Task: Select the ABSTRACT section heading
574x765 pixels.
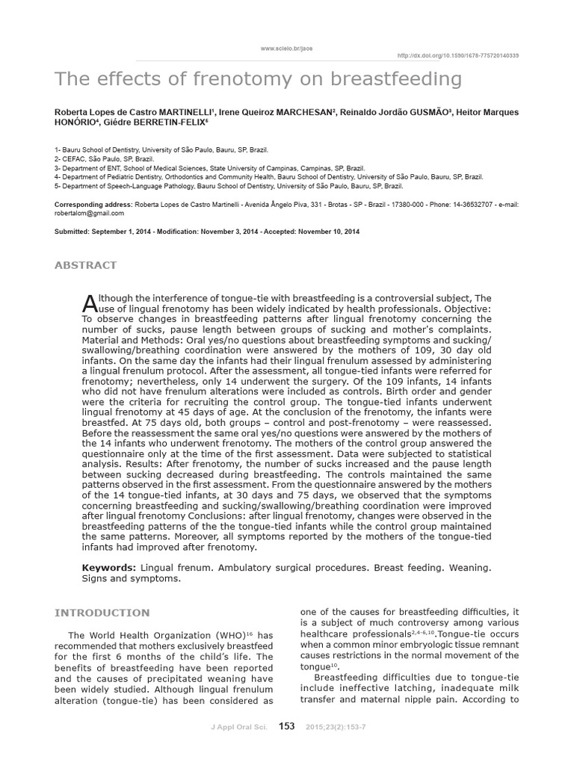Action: coord(85,265)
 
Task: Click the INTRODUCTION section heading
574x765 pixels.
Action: coord(102,613)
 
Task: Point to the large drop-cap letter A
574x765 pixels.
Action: coord(88,302)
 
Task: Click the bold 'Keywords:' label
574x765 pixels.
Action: coord(108,569)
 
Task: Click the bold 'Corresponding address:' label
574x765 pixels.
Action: coord(93,203)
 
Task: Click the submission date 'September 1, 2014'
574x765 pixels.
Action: coord(121,232)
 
